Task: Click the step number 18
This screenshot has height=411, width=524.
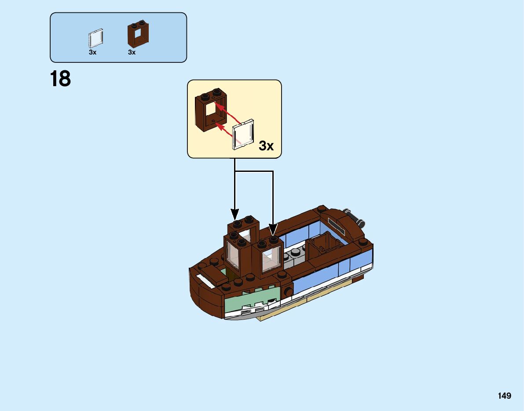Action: pyautogui.click(x=60, y=80)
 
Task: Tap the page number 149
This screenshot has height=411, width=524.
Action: pyautogui.click(x=505, y=396)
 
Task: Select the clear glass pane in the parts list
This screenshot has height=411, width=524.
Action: pyautogui.click(x=96, y=39)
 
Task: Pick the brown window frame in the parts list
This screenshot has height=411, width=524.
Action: pyautogui.click(x=138, y=34)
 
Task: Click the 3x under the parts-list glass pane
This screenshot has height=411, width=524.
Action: pyautogui.click(x=92, y=52)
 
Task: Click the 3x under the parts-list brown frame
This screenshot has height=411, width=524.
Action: pyautogui.click(x=132, y=52)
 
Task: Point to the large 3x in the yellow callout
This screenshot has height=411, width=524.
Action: pyautogui.click(x=266, y=145)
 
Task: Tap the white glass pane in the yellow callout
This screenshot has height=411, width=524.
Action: pyautogui.click(x=242, y=134)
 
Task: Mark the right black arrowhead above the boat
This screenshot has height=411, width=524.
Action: pyautogui.click(x=273, y=230)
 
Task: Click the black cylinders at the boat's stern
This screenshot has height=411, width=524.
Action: pyautogui.click(x=355, y=216)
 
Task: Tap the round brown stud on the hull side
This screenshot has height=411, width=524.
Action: pyautogui.click(x=288, y=291)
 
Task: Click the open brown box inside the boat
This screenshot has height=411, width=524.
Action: pyautogui.click(x=323, y=247)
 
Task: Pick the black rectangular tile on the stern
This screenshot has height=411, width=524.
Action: pyautogui.click(x=338, y=225)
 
